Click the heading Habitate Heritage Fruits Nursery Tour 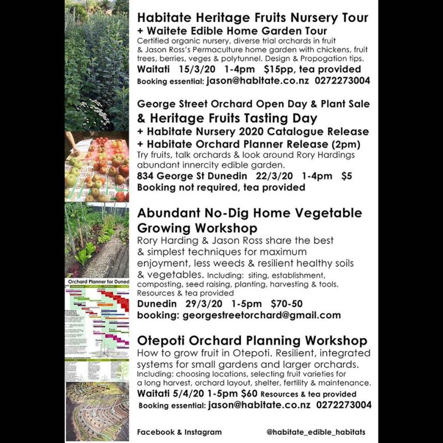tap(252, 18)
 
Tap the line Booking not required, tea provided tap(221, 188)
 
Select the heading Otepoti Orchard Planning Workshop tap(252, 340)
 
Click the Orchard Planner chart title tap(97, 282)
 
